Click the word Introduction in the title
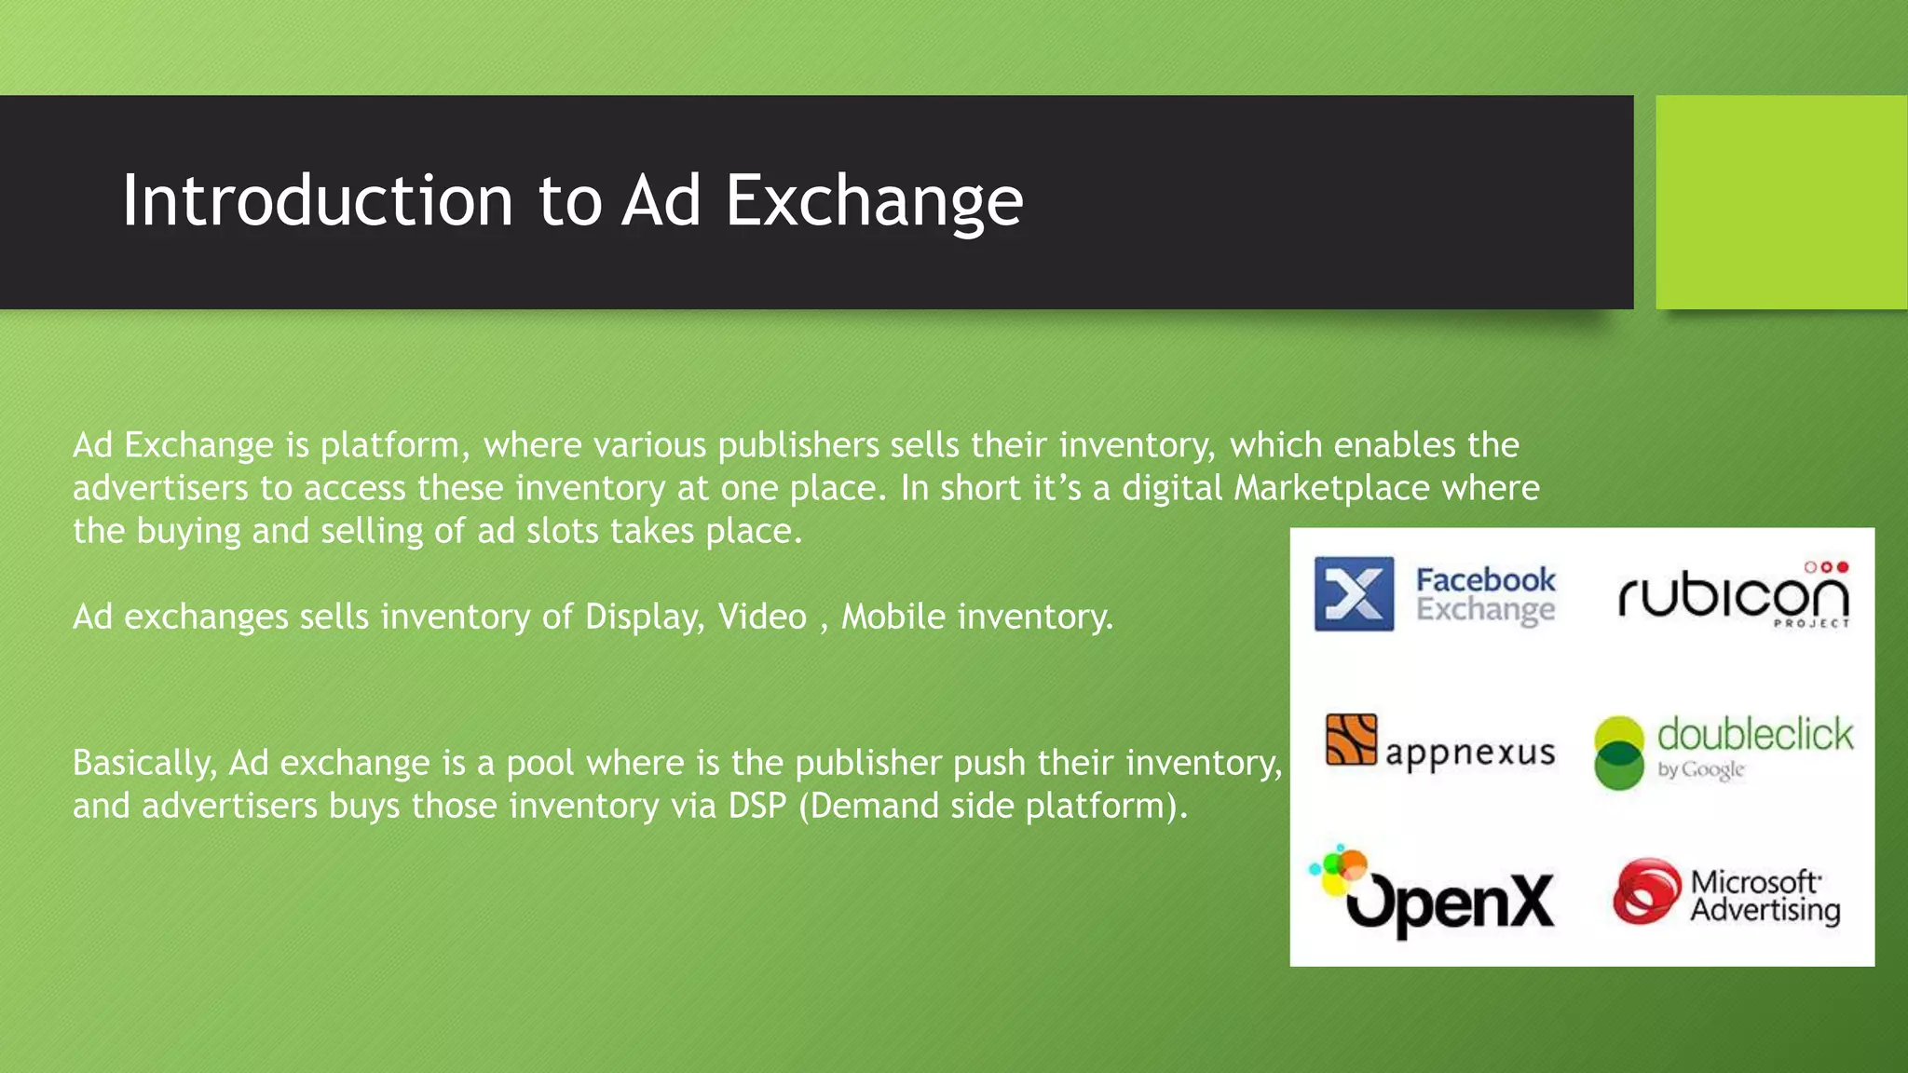(318, 200)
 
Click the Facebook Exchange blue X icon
(1354, 594)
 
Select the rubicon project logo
(1733, 596)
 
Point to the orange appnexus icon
(1351, 740)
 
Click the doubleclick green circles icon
(1619, 753)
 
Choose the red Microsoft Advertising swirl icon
(1647, 891)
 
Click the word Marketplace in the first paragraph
(1331, 488)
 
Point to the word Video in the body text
(761, 617)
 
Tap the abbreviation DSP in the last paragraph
(757, 806)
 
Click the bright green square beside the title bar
(1780, 202)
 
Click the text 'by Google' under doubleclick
(1700, 770)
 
